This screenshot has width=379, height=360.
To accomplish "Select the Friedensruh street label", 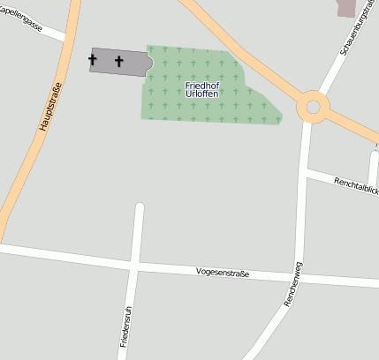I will pyautogui.click(x=124, y=327).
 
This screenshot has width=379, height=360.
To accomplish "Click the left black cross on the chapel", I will pyautogui.click(x=93, y=60).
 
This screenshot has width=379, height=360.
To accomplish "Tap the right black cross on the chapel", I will pyautogui.click(x=119, y=61).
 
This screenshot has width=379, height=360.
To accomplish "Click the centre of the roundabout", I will pyautogui.click(x=312, y=108).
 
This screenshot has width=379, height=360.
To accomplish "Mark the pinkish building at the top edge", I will pyautogui.click(x=346, y=7).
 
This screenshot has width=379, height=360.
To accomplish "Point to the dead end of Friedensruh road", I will pyautogui.click(x=139, y=208).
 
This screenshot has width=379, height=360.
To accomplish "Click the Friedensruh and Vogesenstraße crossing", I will pyautogui.click(x=133, y=264).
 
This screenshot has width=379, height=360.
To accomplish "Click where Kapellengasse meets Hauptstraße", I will pyautogui.click(x=67, y=38).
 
